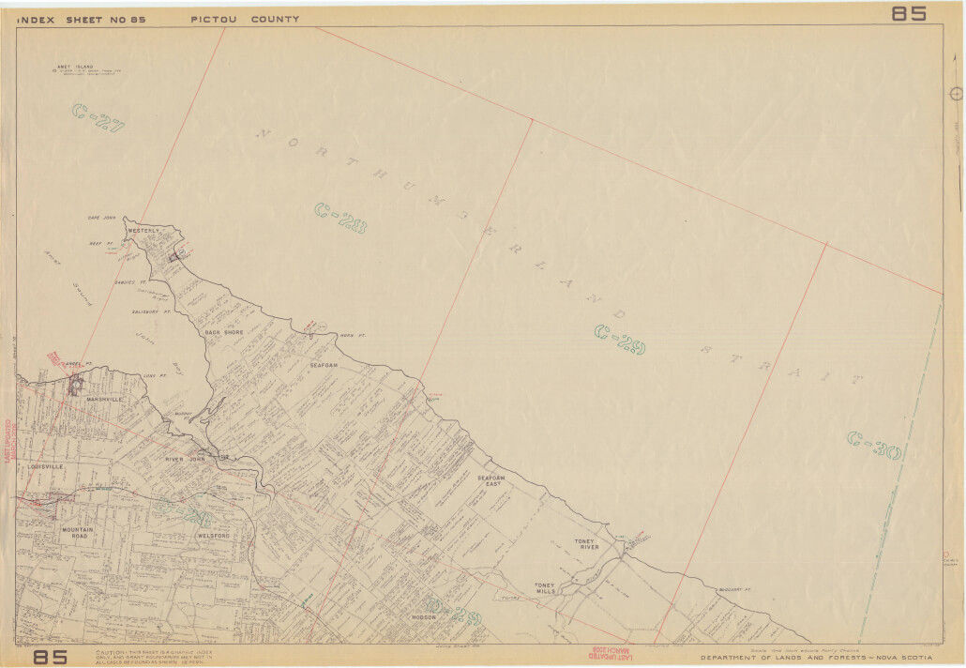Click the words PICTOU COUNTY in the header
click(x=245, y=19)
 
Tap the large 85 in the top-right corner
click(x=908, y=13)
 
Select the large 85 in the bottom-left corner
click(x=51, y=657)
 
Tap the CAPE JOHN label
click(x=100, y=218)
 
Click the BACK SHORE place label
click(x=224, y=332)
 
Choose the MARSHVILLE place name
click(x=104, y=399)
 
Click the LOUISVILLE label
click(x=46, y=465)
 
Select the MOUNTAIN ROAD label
click(x=81, y=534)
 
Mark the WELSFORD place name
click(x=214, y=536)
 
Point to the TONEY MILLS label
click(x=545, y=588)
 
